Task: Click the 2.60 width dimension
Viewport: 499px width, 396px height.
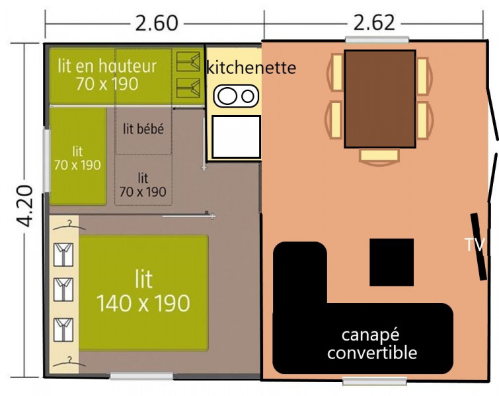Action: (x=156, y=23)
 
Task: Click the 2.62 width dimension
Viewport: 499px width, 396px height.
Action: (x=374, y=23)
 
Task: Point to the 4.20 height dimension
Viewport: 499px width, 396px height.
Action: (x=25, y=206)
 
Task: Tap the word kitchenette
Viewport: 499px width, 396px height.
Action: (x=251, y=67)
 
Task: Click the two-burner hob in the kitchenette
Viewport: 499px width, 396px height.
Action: (x=236, y=96)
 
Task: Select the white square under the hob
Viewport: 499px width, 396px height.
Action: (x=236, y=137)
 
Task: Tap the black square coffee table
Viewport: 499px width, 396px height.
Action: (x=391, y=262)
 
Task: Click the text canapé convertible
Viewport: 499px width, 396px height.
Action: (x=372, y=344)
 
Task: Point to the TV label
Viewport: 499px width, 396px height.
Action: (x=475, y=245)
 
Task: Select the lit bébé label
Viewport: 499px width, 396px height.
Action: (x=143, y=129)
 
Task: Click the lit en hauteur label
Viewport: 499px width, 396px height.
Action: (x=107, y=75)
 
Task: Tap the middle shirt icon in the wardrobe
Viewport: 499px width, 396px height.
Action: (x=63, y=290)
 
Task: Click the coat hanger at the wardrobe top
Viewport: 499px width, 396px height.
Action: (x=69, y=226)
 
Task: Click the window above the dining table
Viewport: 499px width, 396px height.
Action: (x=377, y=40)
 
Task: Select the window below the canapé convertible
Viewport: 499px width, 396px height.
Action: (x=375, y=381)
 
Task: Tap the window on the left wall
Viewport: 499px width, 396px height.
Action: (x=46, y=160)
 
